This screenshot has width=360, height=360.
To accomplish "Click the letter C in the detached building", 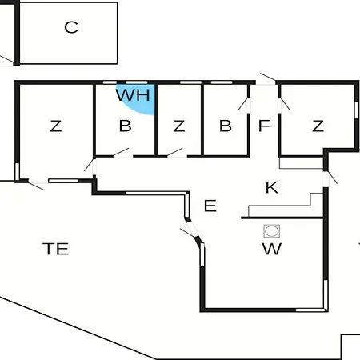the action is coord(71,27).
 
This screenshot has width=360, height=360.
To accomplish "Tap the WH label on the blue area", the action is coord(133,95).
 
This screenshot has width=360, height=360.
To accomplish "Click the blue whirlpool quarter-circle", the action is coord(142,102).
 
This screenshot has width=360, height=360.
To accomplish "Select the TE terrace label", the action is coord(56,249).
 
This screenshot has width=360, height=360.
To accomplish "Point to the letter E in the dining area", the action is coord(210,206).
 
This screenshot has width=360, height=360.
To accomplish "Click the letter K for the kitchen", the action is coord(272,187).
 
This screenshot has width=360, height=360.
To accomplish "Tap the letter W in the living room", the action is coord(272,249).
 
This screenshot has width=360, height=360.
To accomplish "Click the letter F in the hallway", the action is coord(264,126).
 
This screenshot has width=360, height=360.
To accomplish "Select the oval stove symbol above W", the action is coord(272,231).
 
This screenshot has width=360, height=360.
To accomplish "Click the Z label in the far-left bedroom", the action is coord(56,126).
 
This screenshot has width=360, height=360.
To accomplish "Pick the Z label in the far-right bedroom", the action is coord(318,126).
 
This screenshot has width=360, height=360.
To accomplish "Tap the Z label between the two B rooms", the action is coord(179,126).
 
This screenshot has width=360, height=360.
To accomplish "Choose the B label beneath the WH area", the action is coord(125,126).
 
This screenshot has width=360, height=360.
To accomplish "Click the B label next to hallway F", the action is coord(226,126).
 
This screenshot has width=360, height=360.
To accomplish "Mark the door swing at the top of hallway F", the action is coord(268,77).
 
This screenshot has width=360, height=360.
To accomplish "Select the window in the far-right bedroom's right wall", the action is coord(356,110).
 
